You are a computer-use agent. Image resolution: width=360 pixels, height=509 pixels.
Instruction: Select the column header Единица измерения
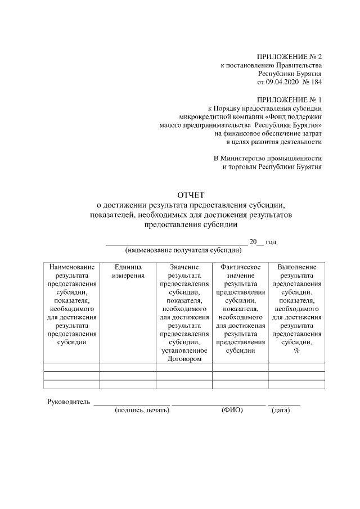128,271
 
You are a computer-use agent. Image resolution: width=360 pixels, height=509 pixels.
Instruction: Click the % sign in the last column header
296,350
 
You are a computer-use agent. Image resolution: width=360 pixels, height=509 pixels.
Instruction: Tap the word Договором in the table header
184,359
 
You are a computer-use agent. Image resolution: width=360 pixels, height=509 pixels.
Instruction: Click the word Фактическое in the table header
240,267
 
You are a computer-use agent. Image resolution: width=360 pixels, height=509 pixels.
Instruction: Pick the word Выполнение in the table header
296,267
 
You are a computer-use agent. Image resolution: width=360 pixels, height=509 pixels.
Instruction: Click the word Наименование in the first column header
72,267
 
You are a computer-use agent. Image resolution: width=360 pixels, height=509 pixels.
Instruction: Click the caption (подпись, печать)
142,411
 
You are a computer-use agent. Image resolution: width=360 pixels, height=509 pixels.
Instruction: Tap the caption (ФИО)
232,411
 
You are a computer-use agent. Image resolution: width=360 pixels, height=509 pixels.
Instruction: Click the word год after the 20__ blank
271,241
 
